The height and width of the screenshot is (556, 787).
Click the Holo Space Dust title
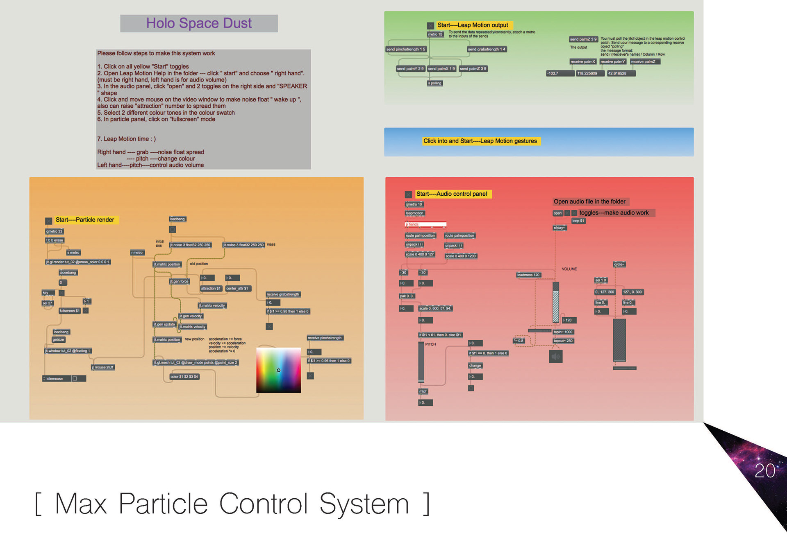pyautogui.click(x=199, y=23)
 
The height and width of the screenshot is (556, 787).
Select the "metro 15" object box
pyautogui.click(x=435, y=34)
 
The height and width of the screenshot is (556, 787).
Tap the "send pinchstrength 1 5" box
pyautogui.click(x=406, y=49)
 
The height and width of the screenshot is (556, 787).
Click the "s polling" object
pyautogui.click(x=434, y=83)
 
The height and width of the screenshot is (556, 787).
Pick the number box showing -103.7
pyautogui.click(x=560, y=73)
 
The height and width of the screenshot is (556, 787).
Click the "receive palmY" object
pyautogui.click(x=612, y=62)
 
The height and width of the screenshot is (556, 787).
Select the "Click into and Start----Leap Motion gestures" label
pyautogui.click(x=480, y=141)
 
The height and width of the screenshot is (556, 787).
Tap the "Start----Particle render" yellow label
pyautogui.click(x=85, y=220)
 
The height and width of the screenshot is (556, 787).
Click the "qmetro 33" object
pyautogui.click(x=54, y=231)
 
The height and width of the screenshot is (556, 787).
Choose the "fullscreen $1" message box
pyautogui.click(x=70, y=311)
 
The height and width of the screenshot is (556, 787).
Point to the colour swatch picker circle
pyautogui.click(x=279, y=370)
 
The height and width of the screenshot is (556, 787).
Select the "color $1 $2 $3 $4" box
pyautogui.click(x=184, y=377)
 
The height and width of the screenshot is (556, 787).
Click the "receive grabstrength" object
pyautogui.click(x=283, y=294)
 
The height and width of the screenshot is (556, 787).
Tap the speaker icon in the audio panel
pyautogui.click(x=555, y=357)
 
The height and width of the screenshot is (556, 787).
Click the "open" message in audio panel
pyautogui.click(x=557, y=213)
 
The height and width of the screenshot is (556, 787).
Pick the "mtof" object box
pyautogui.click(x=423, y=391)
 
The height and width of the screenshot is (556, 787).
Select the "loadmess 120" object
pyautogui.click(x=528, y=275)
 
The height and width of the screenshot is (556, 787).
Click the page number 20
pyautogui.click(x=764, y=471)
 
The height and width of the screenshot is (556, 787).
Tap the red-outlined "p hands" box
pyautogui.click(x=425, y=224)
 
